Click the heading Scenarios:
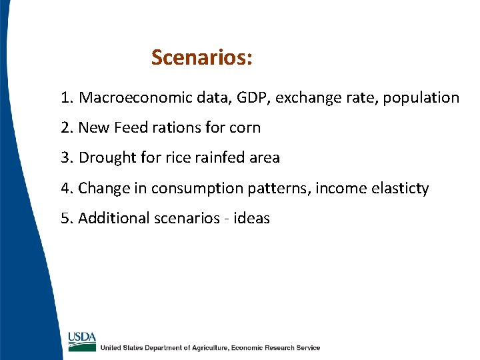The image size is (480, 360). click(x=201, y=58)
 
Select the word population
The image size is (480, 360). click(x=423, y=98)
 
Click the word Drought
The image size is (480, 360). click(x=105, y=158)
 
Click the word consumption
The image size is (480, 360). click(x=191, y=189)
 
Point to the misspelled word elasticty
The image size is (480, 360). click(x=397, y=189)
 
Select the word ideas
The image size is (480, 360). click(x=252, y=219)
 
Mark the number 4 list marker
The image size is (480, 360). click(x=65, y=189)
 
